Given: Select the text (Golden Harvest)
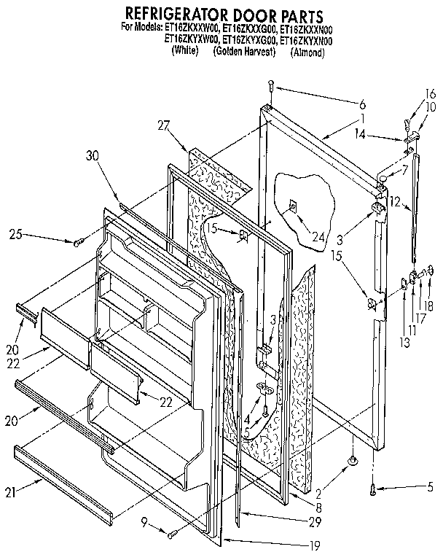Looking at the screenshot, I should coord(243,52).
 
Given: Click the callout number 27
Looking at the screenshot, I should coord(162,125).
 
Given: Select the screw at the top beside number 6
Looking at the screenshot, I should coord(271,85).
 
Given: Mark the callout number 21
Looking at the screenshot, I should coord(9,494).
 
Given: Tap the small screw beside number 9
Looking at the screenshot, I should coord(172,534).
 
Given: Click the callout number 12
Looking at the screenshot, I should coord(394,202).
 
